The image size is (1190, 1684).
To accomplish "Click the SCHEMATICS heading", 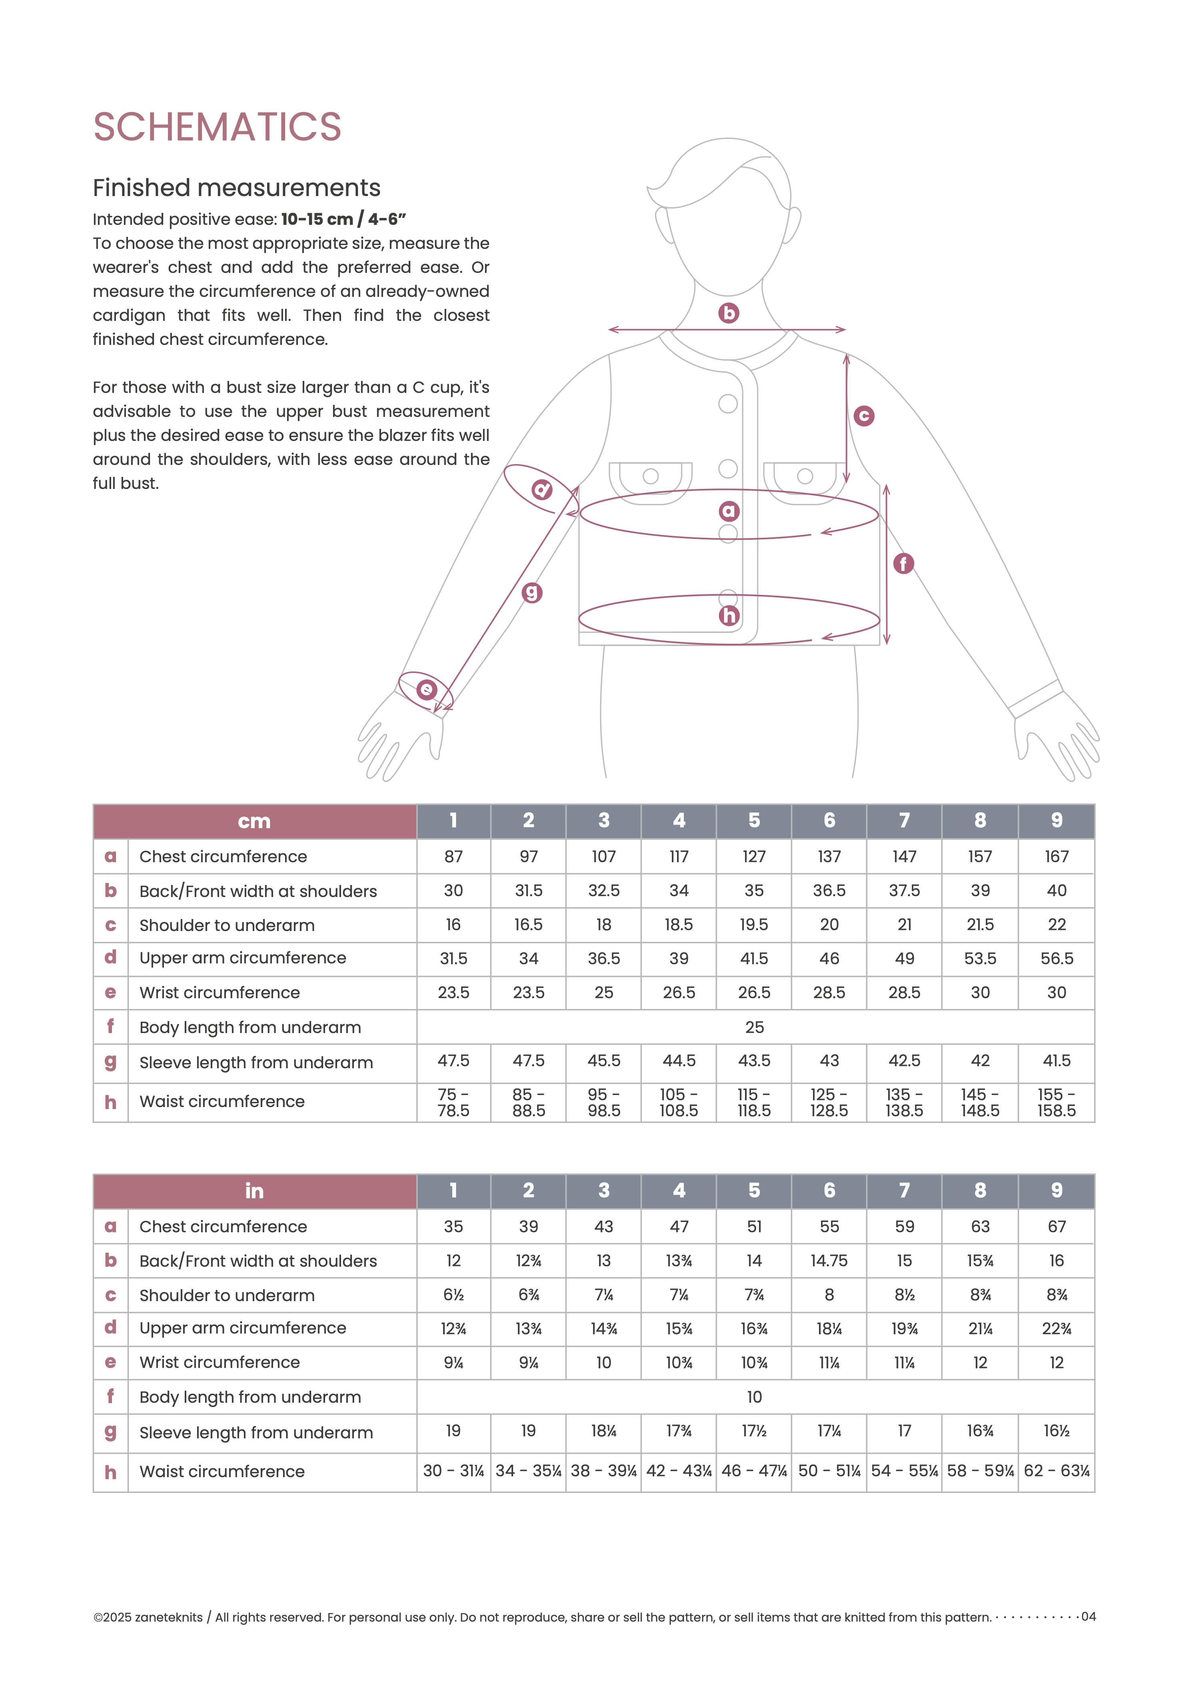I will pyautogui.click(x=217, y=127).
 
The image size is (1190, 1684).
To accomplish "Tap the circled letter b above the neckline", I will pyautogui.click(x=728, y=313).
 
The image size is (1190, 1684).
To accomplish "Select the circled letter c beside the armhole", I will pyautogui.click(x=864, y=416).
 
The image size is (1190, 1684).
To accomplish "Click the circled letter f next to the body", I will pyautogui.click(x=903, y=563).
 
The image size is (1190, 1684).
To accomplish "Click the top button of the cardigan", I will pyautogui.click(x=728, y=403).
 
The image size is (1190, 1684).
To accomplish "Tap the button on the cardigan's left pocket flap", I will pyautogui.click(x=650, y=476).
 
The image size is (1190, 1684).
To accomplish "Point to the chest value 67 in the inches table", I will pyautogui.click(x=1056, y=1226).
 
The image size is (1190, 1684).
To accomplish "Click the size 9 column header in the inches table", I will pyautogui.click(x=1056, y=1190).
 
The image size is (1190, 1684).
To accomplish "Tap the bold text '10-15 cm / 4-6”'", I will pyautogui.click(x=343, y=219).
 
